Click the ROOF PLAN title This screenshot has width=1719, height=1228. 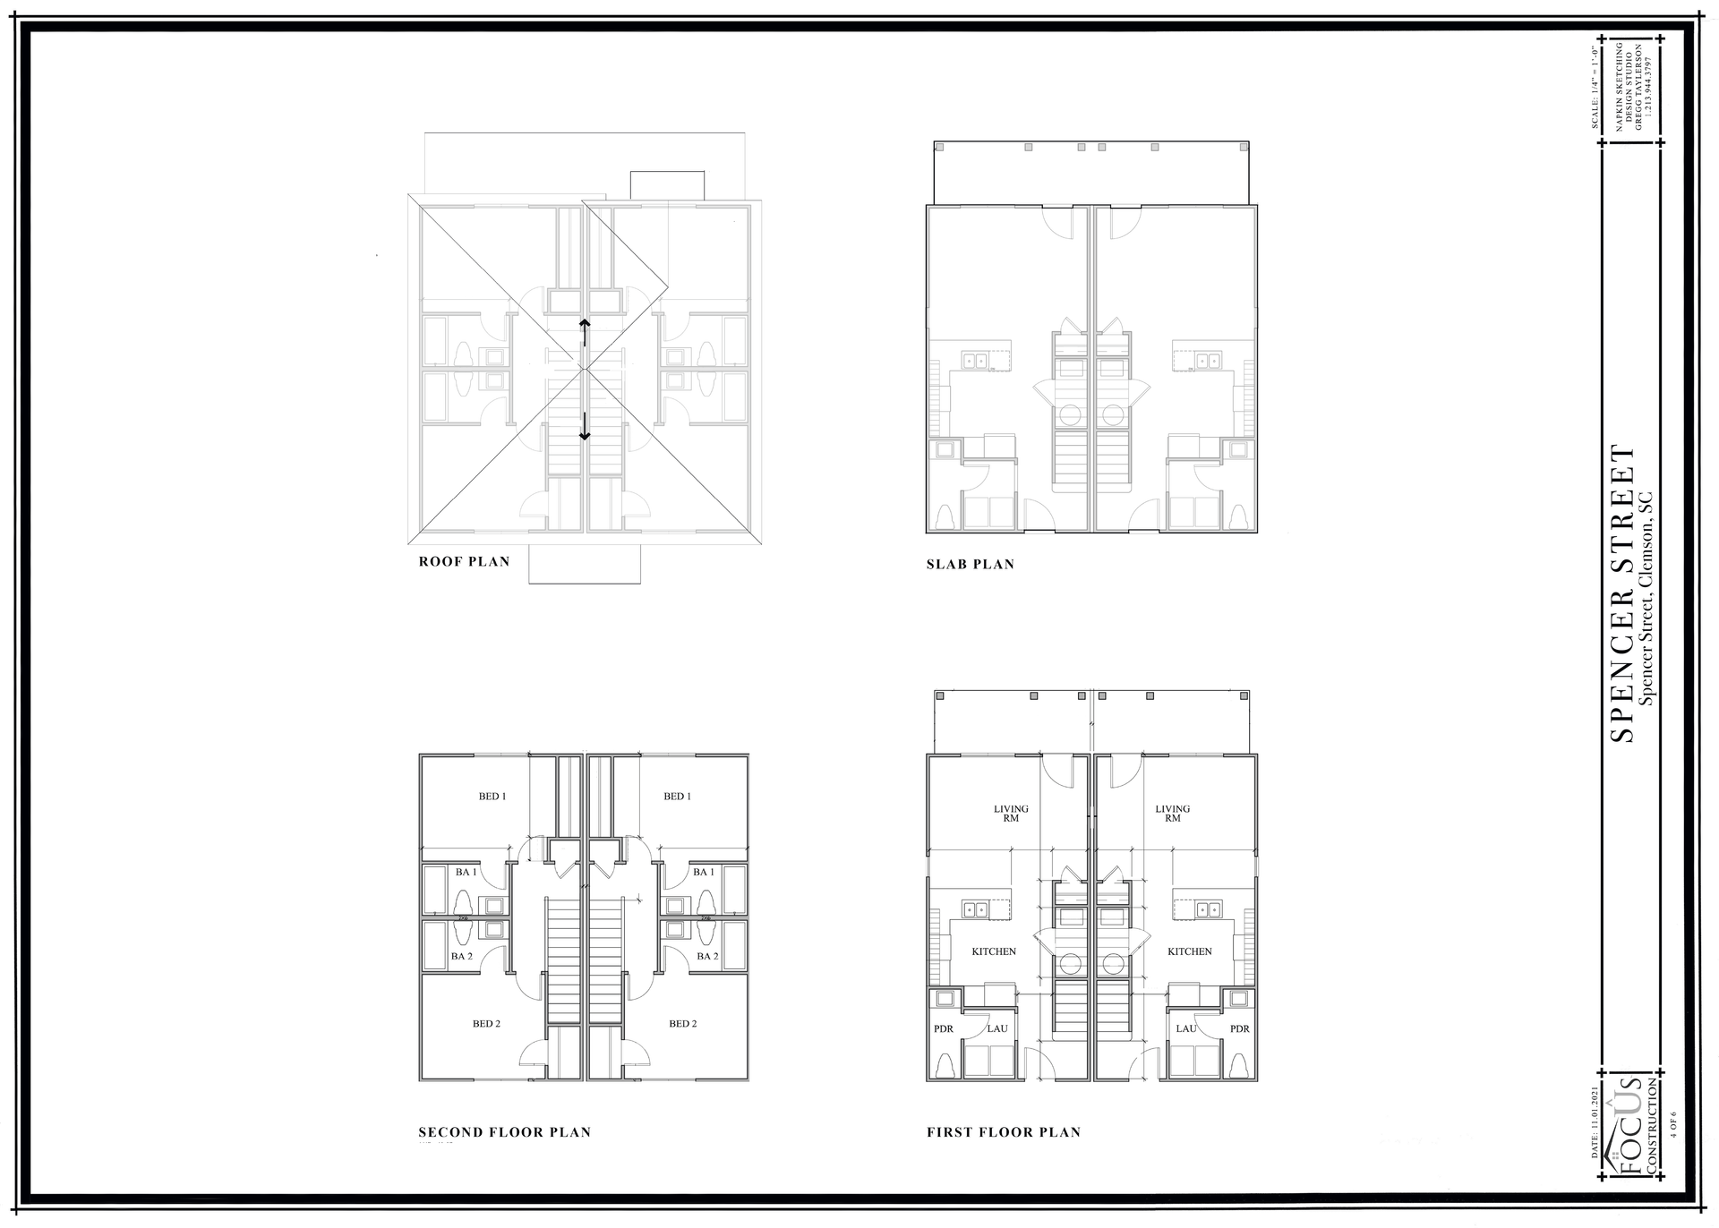click(x=464, y=562)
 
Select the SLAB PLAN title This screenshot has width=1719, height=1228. click(x=971, y=565)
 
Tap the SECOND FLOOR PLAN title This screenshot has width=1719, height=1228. click(x=505, y=1132)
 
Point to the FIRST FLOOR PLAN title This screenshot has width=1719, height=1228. click(x=1004, y=1132)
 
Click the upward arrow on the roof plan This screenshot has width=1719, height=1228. click(x=584, y=331)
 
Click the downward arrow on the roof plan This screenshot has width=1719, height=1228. click(x=585, y=426)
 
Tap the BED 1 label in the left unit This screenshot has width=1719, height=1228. click(x=492, y=797)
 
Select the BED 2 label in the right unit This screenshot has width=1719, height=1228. click(x=682, y=1024)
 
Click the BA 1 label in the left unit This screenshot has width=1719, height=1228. click(x=466, y=872)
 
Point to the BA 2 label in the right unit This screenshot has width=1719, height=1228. click(x=707, y=956)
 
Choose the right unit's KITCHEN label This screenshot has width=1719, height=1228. click(x=1189, y=951)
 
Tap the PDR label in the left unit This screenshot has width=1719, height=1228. click(x=944, y=1029)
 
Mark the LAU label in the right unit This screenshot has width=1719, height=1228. click(x=1186, y=1029)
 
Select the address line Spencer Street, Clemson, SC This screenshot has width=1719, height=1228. click(x=1647, y=598)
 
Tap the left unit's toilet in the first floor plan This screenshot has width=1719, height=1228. click(x=943, y=1065)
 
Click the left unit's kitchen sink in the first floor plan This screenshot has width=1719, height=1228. click(x=974, y=910)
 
